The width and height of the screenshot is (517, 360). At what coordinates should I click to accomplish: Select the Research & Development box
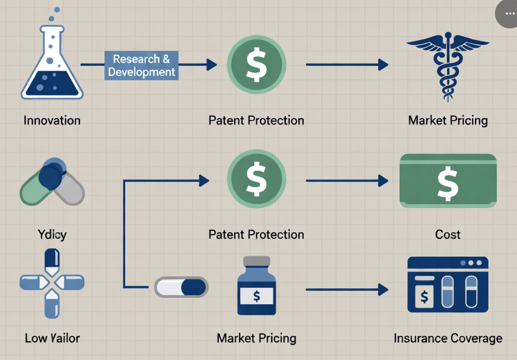pyautogui.click(x=141, y=65)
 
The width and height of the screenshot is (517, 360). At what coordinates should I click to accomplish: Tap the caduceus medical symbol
pyautogui.click(x=448, y=65)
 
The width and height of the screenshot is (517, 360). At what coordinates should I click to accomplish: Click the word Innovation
pyautogui.click(x=52, y=120)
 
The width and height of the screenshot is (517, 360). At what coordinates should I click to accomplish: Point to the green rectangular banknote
pyautogui.click(x=448, y=181)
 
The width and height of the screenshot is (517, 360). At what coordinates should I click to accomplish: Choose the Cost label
pyautogui.click(x=448, y=235)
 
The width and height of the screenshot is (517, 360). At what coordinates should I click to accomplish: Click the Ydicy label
pyautogui.click(x=52, y=235)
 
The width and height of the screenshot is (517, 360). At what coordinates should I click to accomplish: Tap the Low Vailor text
pyautogui.click(x=52, y=338)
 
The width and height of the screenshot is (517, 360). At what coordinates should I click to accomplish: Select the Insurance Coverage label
pyautogui.click(x=448, y=338)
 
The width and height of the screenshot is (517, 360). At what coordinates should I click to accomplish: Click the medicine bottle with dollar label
pyautogui.click(x=257, y=286)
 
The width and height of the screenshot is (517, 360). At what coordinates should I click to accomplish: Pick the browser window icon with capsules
pyautogui.click(x=448, y=285)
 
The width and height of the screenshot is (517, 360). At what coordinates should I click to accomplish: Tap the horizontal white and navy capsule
pyautogui.click(x=182, y=287)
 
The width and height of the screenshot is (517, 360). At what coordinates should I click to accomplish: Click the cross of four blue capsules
pyautogui.click(x=52, y=283)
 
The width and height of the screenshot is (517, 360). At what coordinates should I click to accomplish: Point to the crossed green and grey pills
pyautogui.click(x=52, y=182)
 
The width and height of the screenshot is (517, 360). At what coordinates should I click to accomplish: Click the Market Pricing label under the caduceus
pyautogui.click(x=448, y=120)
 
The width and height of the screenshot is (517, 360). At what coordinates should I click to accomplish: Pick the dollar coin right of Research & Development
pyautogui.click(x=257, y=65)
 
